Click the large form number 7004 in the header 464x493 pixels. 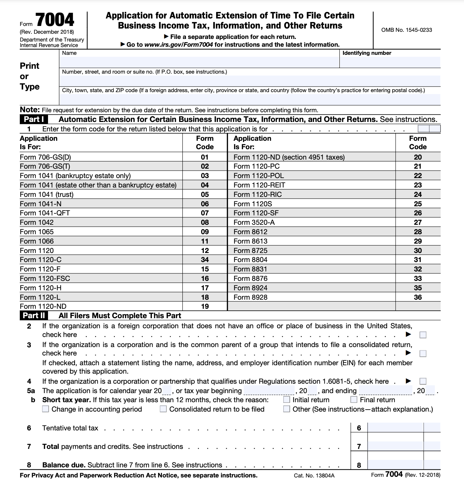tap(55, 20)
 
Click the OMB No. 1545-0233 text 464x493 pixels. tap(407, 30)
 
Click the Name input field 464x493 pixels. tap(199, 62)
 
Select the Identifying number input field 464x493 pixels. tap(390, 62)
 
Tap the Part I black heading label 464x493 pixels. tap(33, 119)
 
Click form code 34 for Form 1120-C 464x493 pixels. tap(205, 260)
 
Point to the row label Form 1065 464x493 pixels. tap(37, 232)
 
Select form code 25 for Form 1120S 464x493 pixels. tap(418, 204)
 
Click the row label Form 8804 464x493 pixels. tap(250, 260)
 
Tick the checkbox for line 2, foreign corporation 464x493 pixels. tap(423, 335)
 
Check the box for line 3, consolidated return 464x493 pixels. tap(423, 353)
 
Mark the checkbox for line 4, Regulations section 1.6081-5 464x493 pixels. tap(423, 381)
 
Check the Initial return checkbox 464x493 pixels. tap(287, 400)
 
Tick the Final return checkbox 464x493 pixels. tap(354, 400)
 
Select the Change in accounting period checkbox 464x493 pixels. tap(45, 409)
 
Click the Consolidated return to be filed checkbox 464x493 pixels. tap(163, 409)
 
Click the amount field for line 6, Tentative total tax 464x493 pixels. tap(395, 428)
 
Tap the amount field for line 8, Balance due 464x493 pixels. tap(395, 465)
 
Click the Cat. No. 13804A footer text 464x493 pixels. tap(314, 475)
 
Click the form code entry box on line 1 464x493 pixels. tap(429, 129)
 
